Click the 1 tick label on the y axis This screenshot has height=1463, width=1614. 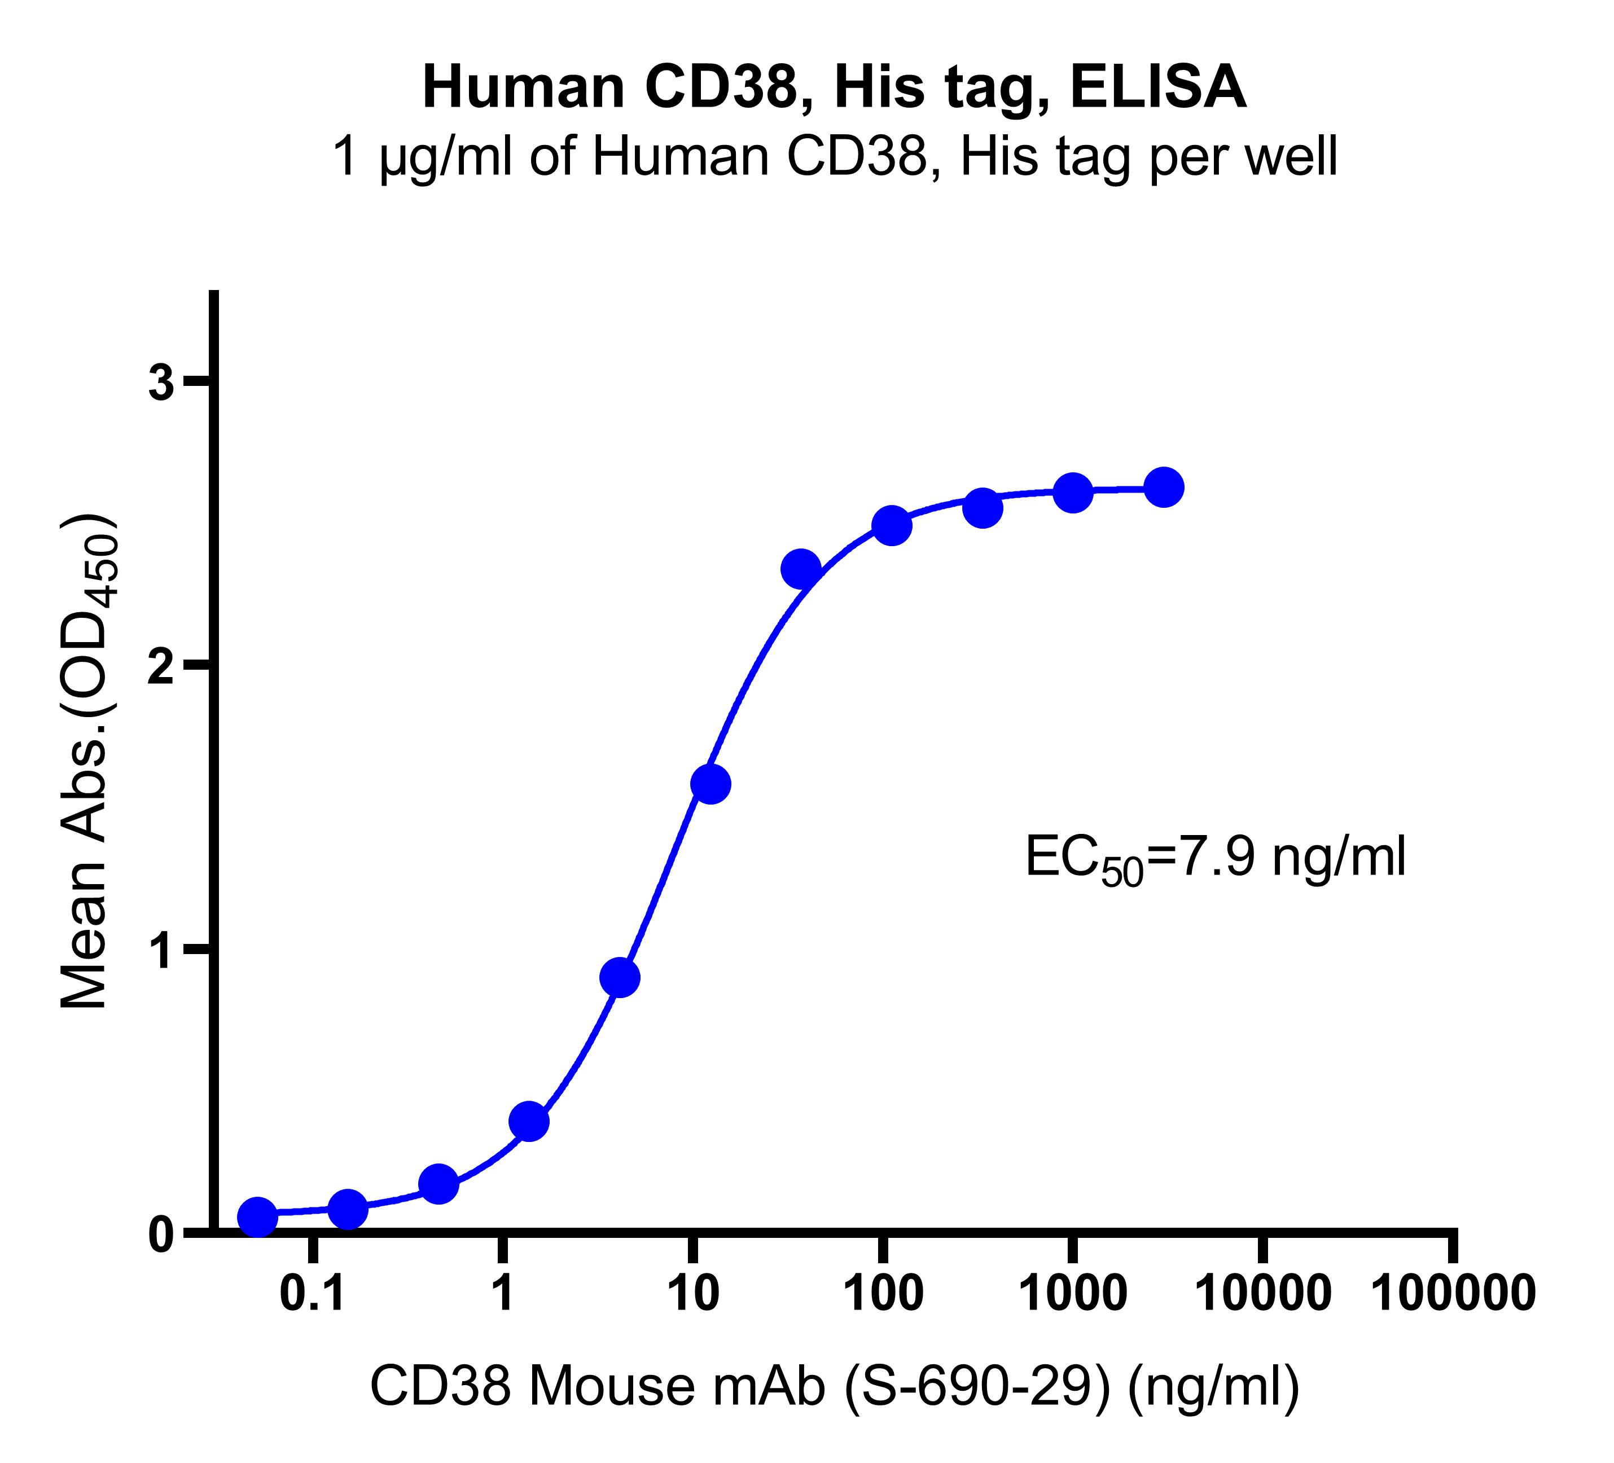click(x=163, y=949)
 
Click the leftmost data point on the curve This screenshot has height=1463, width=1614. click(x=258, y=1216)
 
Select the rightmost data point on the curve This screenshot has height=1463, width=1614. click(x=1164, y=487)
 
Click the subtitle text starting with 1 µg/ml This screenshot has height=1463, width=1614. click(x=834, y=157)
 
